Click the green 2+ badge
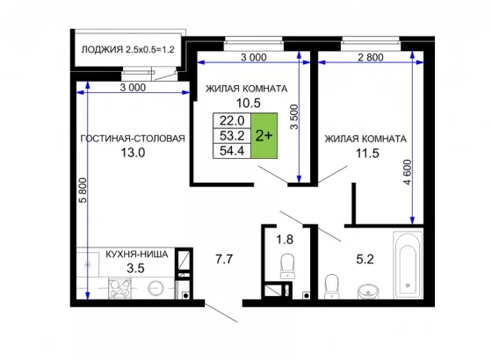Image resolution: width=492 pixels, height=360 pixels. tap(264, 135)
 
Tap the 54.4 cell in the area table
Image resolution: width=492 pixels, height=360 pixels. tap(232, 151)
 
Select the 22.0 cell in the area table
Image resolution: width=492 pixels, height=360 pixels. tap(232, 120)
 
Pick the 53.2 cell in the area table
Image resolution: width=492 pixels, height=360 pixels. tap(232, 136)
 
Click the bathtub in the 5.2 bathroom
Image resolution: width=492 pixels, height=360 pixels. tap(408, 265)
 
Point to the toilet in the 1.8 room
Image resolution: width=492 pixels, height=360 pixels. tap(287, 266)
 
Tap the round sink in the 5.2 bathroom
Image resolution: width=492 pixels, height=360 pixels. tap(368, 292)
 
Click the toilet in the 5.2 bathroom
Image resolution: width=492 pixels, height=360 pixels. tap(332, 286)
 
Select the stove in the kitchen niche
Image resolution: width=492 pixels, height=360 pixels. tap(119, 288)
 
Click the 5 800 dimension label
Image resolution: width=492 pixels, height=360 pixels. tap(83, 191)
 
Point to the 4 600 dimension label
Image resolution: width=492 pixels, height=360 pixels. tap(407, 172)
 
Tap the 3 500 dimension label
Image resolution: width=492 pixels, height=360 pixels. tap(294, 117)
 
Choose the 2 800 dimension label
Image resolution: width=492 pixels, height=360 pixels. tap(371, 57)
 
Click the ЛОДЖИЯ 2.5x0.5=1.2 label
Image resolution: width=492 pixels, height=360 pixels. tap(127, 49)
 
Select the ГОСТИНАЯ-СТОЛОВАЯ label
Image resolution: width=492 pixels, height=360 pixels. tap(133, 139)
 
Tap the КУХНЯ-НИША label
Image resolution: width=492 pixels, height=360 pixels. tap(137, 254)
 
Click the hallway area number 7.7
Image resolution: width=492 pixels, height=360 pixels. tap(224, 259)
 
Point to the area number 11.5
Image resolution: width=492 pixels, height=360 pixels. tap(367, 154)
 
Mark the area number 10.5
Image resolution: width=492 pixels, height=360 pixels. tap(248, 103)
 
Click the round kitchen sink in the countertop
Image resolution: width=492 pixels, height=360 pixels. tap(156, 288)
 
